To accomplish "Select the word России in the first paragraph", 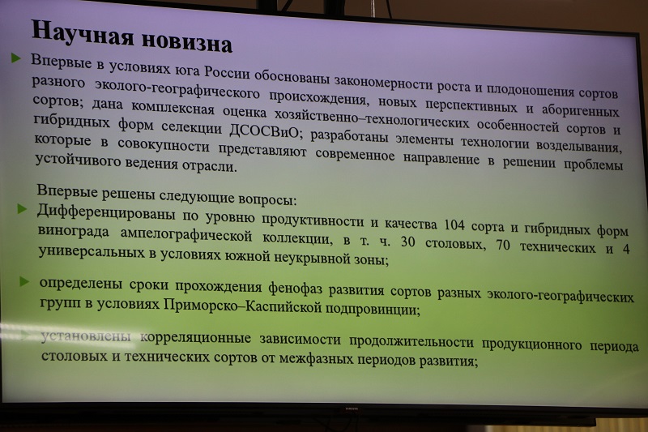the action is [x=228, y=73].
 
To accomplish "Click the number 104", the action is [x=454, y=225].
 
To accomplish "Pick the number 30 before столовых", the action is [x=408, y=242].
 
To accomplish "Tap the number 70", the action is [x=503, y=245].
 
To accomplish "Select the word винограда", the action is [x=73, y=231].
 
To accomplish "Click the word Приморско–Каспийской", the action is [x=242, y=306].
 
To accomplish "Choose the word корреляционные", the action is [x=195, y=338].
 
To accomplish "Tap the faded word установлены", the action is [x=86, y=336].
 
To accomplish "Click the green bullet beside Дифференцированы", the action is [x=22, y=209].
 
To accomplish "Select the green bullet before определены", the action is [x=24, y=282].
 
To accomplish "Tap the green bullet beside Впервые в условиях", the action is [x=16, y=58].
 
